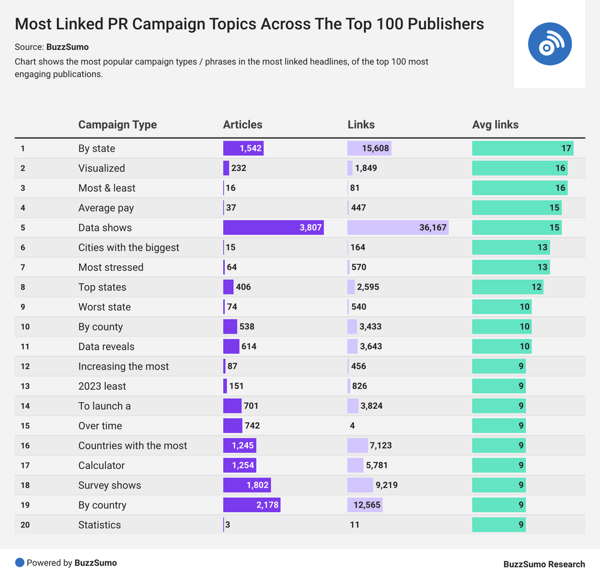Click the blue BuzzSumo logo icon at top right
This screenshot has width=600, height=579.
tap(550, 44)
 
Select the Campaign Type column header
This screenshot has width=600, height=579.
tap(117, 125)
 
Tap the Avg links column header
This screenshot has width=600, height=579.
tap(495, 125)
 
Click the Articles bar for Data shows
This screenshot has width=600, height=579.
tap(273, 228)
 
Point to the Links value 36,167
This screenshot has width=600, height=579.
tap(433, 228)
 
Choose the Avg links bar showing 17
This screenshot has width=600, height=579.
tap(523, 149)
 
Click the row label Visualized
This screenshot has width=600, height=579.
tap(101, 168)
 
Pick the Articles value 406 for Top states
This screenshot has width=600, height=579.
tap(243, 287)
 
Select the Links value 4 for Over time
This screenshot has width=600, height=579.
tap(352, 426)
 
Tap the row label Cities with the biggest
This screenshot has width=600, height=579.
tap(129, 248)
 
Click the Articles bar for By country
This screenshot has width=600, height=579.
tap(251, 505)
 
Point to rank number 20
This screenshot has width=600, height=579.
tap(25, 525)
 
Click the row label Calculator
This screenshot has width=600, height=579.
tap(101, 465)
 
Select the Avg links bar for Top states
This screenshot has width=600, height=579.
tap(507, 287)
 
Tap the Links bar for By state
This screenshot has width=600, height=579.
tap(369, 149)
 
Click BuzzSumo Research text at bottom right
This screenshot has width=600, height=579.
tap(544, 564)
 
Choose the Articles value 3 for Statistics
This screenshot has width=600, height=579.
tap(227, 525)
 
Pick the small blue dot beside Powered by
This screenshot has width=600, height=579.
tap(20, 563)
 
